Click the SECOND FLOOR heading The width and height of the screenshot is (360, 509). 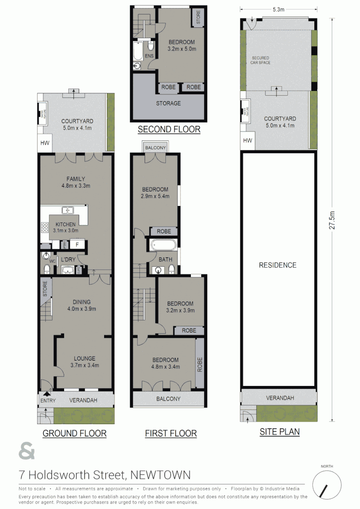pos(169,129)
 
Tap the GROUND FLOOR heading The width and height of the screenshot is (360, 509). pos(74,433)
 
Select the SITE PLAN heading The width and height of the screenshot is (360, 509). pos(279,431)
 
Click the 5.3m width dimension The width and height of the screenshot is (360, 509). pos(278,9)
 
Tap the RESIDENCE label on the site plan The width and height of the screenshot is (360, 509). pos(278,265)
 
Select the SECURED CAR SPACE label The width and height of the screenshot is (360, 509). pos(261,60)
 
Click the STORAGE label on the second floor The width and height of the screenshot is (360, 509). pos(168,103)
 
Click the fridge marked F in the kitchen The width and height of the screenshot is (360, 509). pos(77,245)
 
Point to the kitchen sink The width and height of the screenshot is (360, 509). pos(68,210)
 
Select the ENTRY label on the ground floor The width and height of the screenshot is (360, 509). pos(48,401)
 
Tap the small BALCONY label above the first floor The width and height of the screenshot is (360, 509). pos(155,148)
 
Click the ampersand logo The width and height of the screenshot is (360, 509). pos(27,452)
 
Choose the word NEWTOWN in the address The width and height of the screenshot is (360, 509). pos(160,474)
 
